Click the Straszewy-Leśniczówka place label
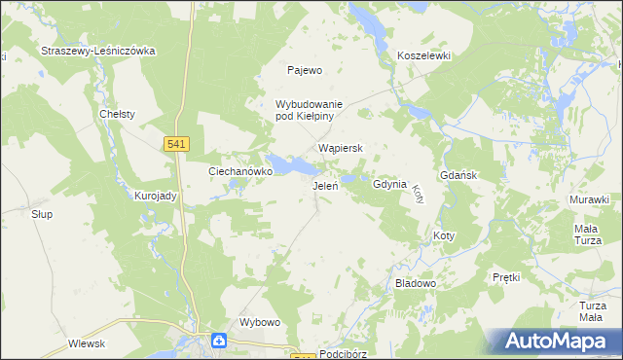pos(97,51)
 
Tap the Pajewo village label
pos(304,70)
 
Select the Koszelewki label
pos(423,56)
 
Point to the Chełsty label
pos(118,114)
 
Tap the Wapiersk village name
pos(341,148)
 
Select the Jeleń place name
pos(324,185)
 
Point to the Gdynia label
pos(388,184)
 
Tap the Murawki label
pos(589,199)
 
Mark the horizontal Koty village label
pos(443,235)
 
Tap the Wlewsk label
pos(87,343)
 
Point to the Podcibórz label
pos(342,354)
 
